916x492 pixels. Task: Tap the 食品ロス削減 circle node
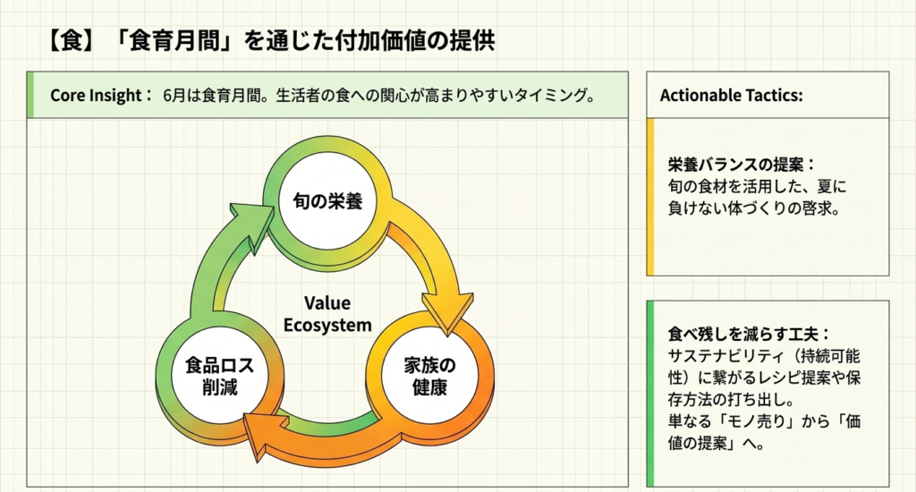[211, 377]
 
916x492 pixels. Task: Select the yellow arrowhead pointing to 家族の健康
[445, 310]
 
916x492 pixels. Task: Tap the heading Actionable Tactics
[731, 95]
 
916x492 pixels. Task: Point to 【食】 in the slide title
[68, 41]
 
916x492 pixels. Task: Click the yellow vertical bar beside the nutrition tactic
[650, 197]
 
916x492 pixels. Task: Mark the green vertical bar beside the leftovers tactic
[650, 394]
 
